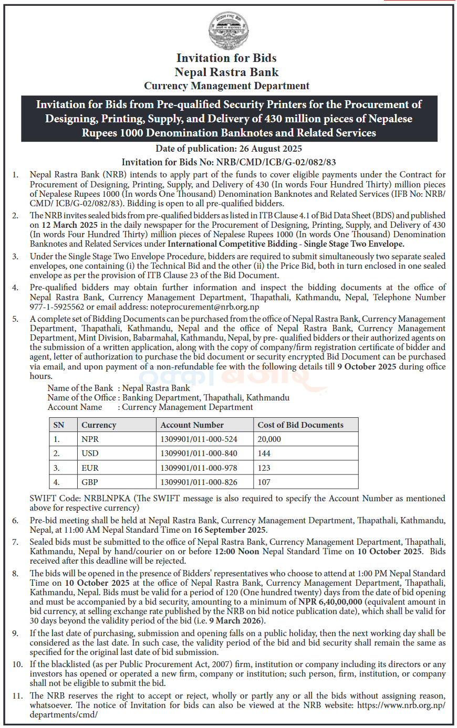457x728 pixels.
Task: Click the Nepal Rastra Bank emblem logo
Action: click(x=228, y=30)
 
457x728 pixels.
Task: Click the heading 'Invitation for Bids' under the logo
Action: click(x=226, y=58)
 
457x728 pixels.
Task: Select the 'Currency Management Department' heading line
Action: click(x=227, y=86)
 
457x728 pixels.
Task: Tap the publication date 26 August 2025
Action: click(x=271, y=149)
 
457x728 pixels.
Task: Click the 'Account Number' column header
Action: click(x=192, y=425)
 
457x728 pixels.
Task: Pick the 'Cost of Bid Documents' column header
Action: click(x=300, y=425)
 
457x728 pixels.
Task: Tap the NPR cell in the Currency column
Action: click(x=90, y=439)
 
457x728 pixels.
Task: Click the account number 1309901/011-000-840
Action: click(x=199, y=453)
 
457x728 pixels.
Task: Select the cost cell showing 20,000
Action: click(x=269, y=439)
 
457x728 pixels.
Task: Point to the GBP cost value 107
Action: click(x=264, y=482)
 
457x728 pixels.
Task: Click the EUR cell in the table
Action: click(x=90, y=468)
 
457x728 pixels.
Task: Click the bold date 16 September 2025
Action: click(x=230, y=530)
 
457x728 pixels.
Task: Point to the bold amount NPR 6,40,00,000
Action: click(x=330, y=602)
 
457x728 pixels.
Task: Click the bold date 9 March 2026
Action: click(x=236, y=621)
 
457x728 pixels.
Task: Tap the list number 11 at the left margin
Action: click(x=18, y=696)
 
